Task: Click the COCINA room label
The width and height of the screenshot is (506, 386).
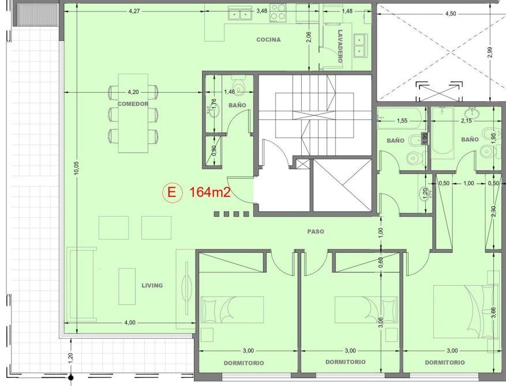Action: coord(268,40)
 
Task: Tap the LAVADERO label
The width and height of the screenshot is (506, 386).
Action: coord(340,47)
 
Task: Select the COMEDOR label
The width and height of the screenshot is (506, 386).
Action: coord(133,104)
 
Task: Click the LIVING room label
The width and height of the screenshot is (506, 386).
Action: coord(152,285)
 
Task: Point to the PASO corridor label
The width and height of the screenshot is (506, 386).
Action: coord(316,232)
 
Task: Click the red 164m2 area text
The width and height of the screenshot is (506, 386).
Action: coord(210,192)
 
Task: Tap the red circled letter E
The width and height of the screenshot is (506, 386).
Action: coord(172,192)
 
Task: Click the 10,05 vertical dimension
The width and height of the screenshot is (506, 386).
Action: coord(76,168)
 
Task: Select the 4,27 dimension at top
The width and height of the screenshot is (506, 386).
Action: coord(134,11)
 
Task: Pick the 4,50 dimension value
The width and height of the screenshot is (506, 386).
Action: coord(451,13)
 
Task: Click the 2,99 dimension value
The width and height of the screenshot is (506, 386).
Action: coord(490,52)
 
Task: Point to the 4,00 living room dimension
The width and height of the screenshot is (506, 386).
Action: coord(130,323)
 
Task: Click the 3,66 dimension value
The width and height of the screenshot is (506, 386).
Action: coord(493,312)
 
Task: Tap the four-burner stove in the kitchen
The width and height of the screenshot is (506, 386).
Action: coord(278,12)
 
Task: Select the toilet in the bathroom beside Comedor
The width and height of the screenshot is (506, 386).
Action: coord(238,86)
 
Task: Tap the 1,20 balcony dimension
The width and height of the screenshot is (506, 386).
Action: coord(71,357)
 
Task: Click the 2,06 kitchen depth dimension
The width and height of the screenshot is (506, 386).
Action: coord(309,37)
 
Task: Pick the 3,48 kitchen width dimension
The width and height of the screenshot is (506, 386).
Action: coord(262,11)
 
